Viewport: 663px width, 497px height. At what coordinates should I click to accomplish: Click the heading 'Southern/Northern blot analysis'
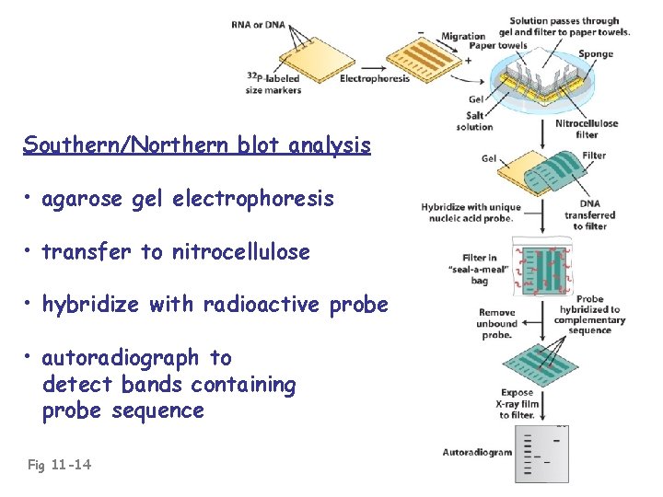[x=197, y=145]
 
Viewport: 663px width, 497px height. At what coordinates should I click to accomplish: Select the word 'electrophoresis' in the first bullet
[x=264, y=199]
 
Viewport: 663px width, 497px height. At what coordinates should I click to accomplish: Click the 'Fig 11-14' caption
[x=59, y=465]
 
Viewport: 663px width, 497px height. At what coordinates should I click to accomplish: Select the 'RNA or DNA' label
[x=258, y=25]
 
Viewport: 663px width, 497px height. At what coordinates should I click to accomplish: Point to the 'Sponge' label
[x=596, y=54]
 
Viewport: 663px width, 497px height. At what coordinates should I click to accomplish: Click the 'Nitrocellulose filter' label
[x=587, y=129]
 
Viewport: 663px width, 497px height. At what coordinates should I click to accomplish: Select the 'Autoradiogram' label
[x=477, y=453]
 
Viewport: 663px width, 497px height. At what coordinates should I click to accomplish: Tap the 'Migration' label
[x=462, y=36]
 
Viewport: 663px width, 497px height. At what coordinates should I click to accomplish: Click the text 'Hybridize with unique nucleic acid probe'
[x=471, y=213]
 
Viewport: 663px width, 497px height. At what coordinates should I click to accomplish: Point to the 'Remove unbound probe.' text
[x=496, y=324]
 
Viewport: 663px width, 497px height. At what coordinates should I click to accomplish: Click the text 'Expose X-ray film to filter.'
[x=517, y=404]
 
